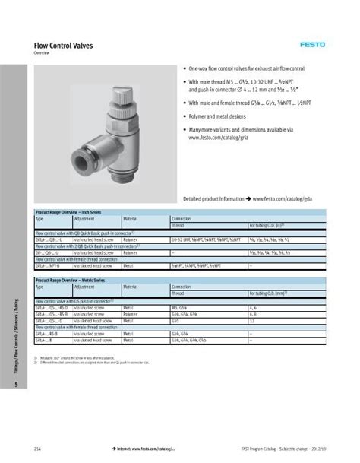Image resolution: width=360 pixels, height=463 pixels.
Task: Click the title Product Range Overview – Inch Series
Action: pyautogui.click(x=68, y=212)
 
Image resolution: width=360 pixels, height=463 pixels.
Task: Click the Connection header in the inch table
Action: pyautogui.click(x=182, y=218)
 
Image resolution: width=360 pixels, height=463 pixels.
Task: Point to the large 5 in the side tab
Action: pyautogui.click(x=15, y=385)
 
